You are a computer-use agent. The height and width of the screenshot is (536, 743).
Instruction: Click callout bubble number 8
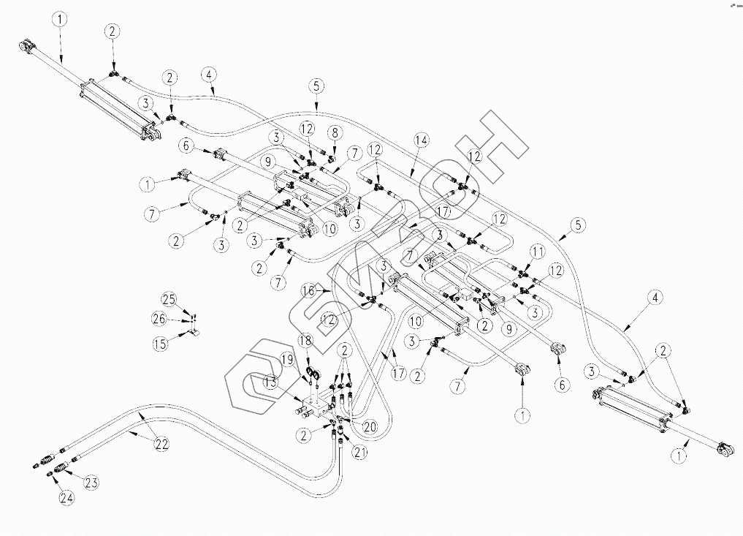(335, 132)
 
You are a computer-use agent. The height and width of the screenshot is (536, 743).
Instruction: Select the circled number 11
(538, 251)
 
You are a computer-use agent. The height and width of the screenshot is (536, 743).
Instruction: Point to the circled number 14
(419, 139)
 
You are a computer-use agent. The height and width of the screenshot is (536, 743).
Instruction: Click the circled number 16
(309, 290)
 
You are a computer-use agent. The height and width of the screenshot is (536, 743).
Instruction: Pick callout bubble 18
(305, 341)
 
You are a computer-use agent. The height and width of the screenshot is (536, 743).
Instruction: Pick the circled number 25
(169, 298)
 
